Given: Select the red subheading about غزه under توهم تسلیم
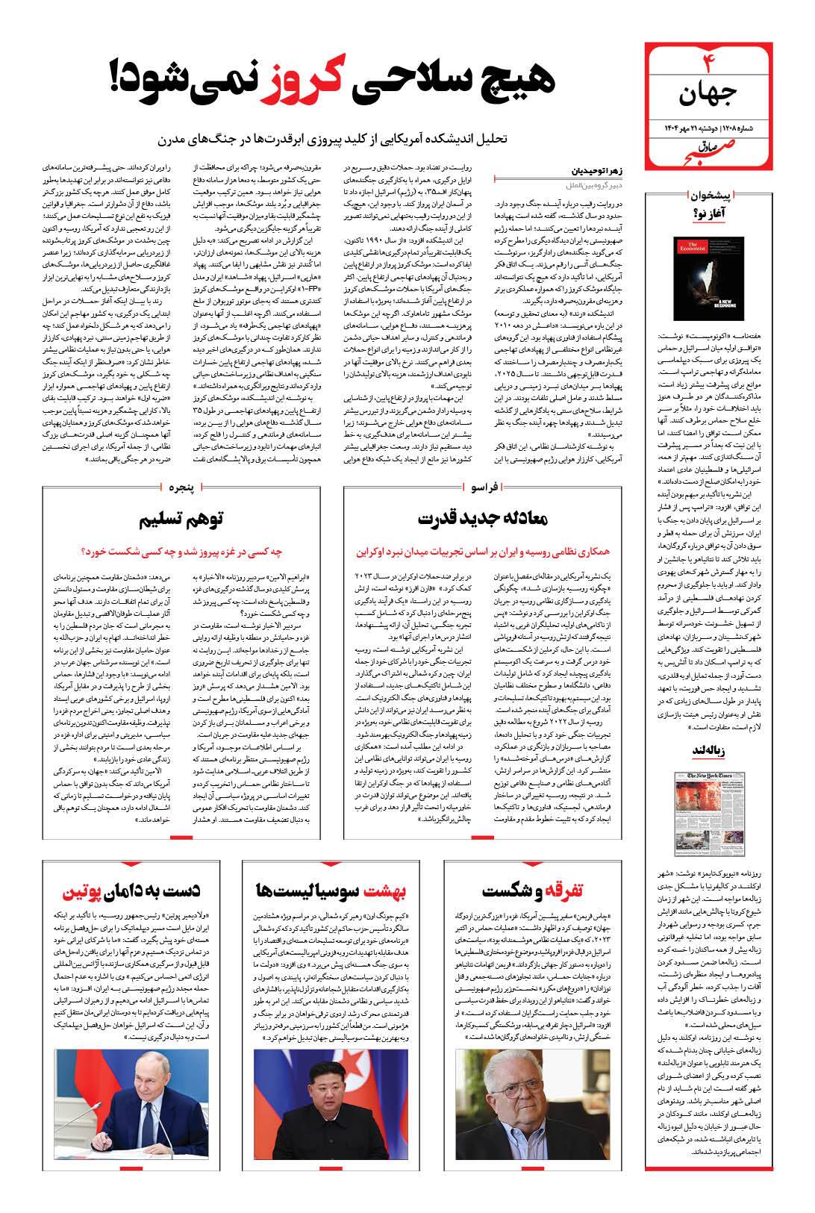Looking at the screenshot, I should [x=181, y=552].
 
